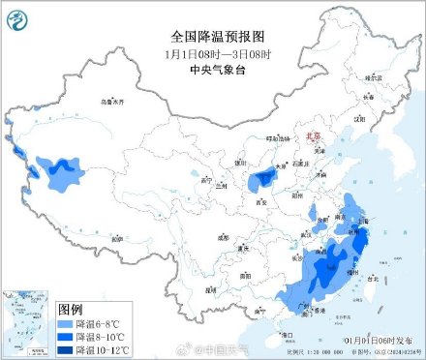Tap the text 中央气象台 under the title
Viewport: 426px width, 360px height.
click(x=212, y=45)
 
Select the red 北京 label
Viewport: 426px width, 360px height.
click(x=313, y=137)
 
